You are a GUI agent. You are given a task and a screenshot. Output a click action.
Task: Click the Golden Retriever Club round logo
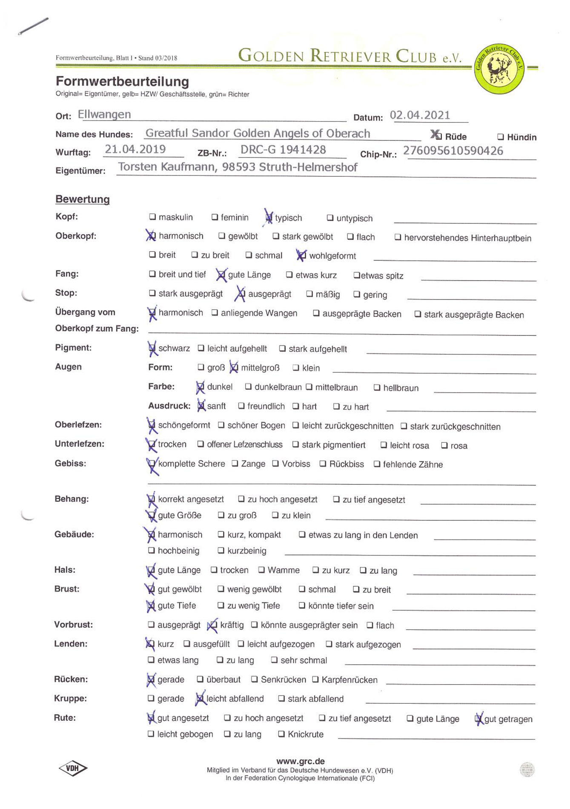(x=499, y=68)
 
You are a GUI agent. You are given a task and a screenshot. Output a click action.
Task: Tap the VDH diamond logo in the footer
(x=73, y=768)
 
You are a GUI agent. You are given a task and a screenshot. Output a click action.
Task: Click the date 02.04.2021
(x=420, y=115)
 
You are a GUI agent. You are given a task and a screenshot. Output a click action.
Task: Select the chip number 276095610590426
(x=453, y=151)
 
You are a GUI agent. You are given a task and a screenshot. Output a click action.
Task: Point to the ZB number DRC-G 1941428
(x=283, y=150)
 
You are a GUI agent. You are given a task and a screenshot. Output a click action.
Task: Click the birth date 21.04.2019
(x=135, y=150)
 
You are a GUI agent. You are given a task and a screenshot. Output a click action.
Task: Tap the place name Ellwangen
(x=104, y=115)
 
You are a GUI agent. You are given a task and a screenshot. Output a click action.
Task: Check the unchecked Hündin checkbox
(x=501, y=137)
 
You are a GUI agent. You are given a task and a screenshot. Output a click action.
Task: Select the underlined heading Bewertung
(x=83, y=199)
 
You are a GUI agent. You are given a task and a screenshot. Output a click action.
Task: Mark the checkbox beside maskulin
(x=152, y=217)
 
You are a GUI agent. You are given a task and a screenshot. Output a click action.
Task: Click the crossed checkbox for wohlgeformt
(x=301, y=255)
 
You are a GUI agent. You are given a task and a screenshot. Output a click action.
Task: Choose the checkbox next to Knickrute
(x=281, y=734)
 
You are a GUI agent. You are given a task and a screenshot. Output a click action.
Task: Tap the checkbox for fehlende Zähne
(x=377, y=464)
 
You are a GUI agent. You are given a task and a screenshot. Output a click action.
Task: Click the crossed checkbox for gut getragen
(x=479, y=719)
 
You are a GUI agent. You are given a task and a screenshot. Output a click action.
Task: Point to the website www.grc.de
(x=301, y=761)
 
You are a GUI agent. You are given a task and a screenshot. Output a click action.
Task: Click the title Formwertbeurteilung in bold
(x=122, y=81)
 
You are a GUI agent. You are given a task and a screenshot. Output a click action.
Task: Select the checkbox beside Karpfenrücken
(x=315, y=679)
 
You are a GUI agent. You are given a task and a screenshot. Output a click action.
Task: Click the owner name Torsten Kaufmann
(x=166, y=167)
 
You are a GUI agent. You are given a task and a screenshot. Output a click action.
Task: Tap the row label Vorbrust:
(x=73, y=625)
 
